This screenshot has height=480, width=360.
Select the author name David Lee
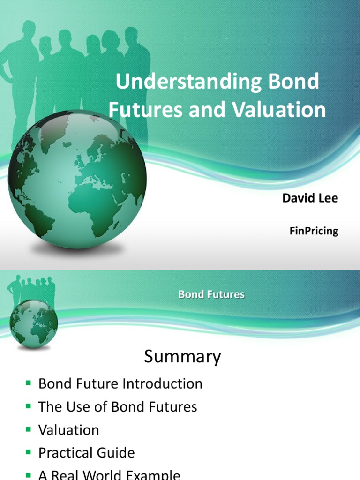tap(310, 198)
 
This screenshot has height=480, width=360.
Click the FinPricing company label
tap(314, 231)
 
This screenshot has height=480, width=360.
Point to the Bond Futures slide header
tap(211, 295)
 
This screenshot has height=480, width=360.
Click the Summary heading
tap(182, 357)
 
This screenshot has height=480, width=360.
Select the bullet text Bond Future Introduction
tap(120, 383)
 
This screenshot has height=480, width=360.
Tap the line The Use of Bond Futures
tap(118, 407)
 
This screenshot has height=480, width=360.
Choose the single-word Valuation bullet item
tap(69, 430)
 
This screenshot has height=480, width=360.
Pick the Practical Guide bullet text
tap(87, 453)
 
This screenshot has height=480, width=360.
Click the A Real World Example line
tap(109, 474)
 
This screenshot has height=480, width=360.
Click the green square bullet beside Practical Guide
tap(28, 453)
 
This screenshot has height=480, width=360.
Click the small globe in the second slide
tap(34, 323)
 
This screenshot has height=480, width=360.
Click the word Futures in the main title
tap(140, 110)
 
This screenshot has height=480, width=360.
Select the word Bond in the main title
tap(295, 82)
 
